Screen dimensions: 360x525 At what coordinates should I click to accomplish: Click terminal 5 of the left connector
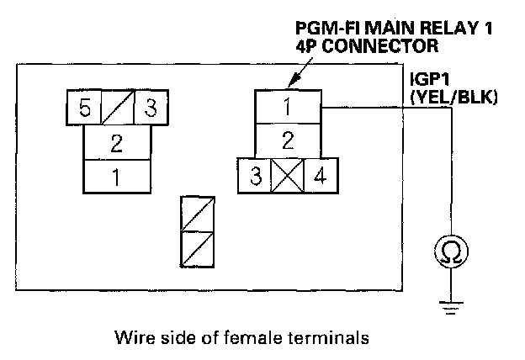click(x=84, y=109)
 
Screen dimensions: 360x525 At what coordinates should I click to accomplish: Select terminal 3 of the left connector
click(x=151, y=109)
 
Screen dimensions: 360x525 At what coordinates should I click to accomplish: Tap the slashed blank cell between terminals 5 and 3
click(x=118, y=109)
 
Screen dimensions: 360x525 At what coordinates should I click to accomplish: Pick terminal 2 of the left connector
click(x=117, y=143)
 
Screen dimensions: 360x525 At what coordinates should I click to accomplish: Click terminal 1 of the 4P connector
click(x=288, y=107)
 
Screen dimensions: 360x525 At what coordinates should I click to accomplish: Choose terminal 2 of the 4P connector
click(x=288, y=140)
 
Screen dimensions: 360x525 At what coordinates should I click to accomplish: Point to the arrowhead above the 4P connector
click(x=290, y=83)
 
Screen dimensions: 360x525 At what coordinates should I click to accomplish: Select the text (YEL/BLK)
click(x=453, y=98)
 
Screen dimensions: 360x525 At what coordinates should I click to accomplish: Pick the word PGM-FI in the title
click(x=325, y=27)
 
